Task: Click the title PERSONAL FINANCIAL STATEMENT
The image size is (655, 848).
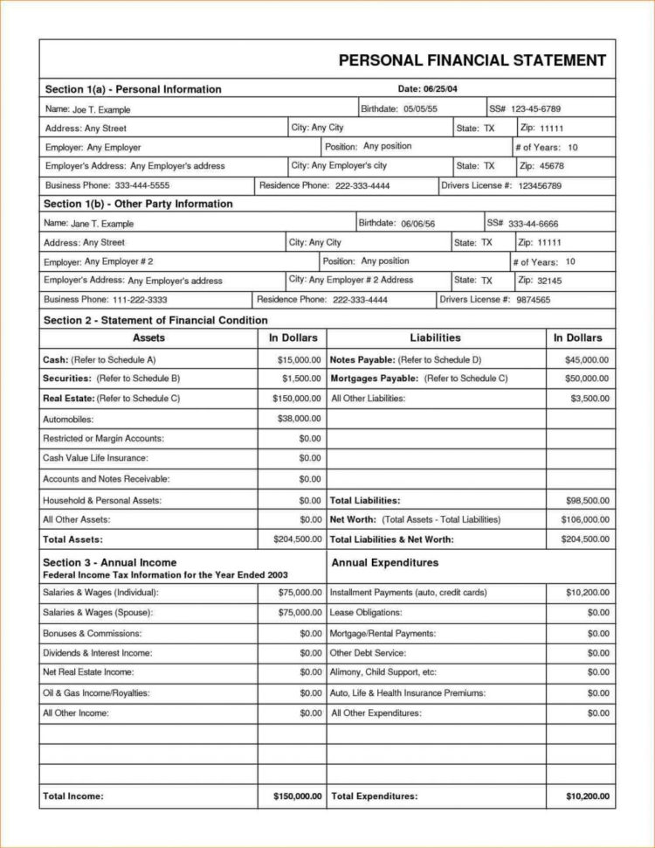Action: click(x=472, y=60)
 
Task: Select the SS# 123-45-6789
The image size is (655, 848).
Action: click(x=535, y=109)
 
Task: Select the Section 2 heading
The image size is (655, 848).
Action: click(x=149, y=320)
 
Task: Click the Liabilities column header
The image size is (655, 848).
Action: click(x=435, y=337)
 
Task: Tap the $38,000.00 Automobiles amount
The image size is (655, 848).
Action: click(x=299, y=419)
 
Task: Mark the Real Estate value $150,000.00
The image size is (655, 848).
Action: click(x=295, y=399)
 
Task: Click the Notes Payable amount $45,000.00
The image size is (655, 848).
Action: click(x=587, y=359)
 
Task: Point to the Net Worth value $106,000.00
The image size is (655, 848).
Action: click(x=584, y=519)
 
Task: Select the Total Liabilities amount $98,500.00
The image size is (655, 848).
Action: click(x=587, y=501)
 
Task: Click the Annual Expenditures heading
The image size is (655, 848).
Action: click(x=385, y=563)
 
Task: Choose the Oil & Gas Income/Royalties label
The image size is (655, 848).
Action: click(x=96, y=692)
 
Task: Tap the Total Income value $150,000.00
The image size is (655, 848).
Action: click(x=298, y=796)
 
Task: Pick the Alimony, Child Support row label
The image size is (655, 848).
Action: click(x=383, y=672)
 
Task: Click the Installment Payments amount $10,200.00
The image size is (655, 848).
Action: click(x=587, y=593)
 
